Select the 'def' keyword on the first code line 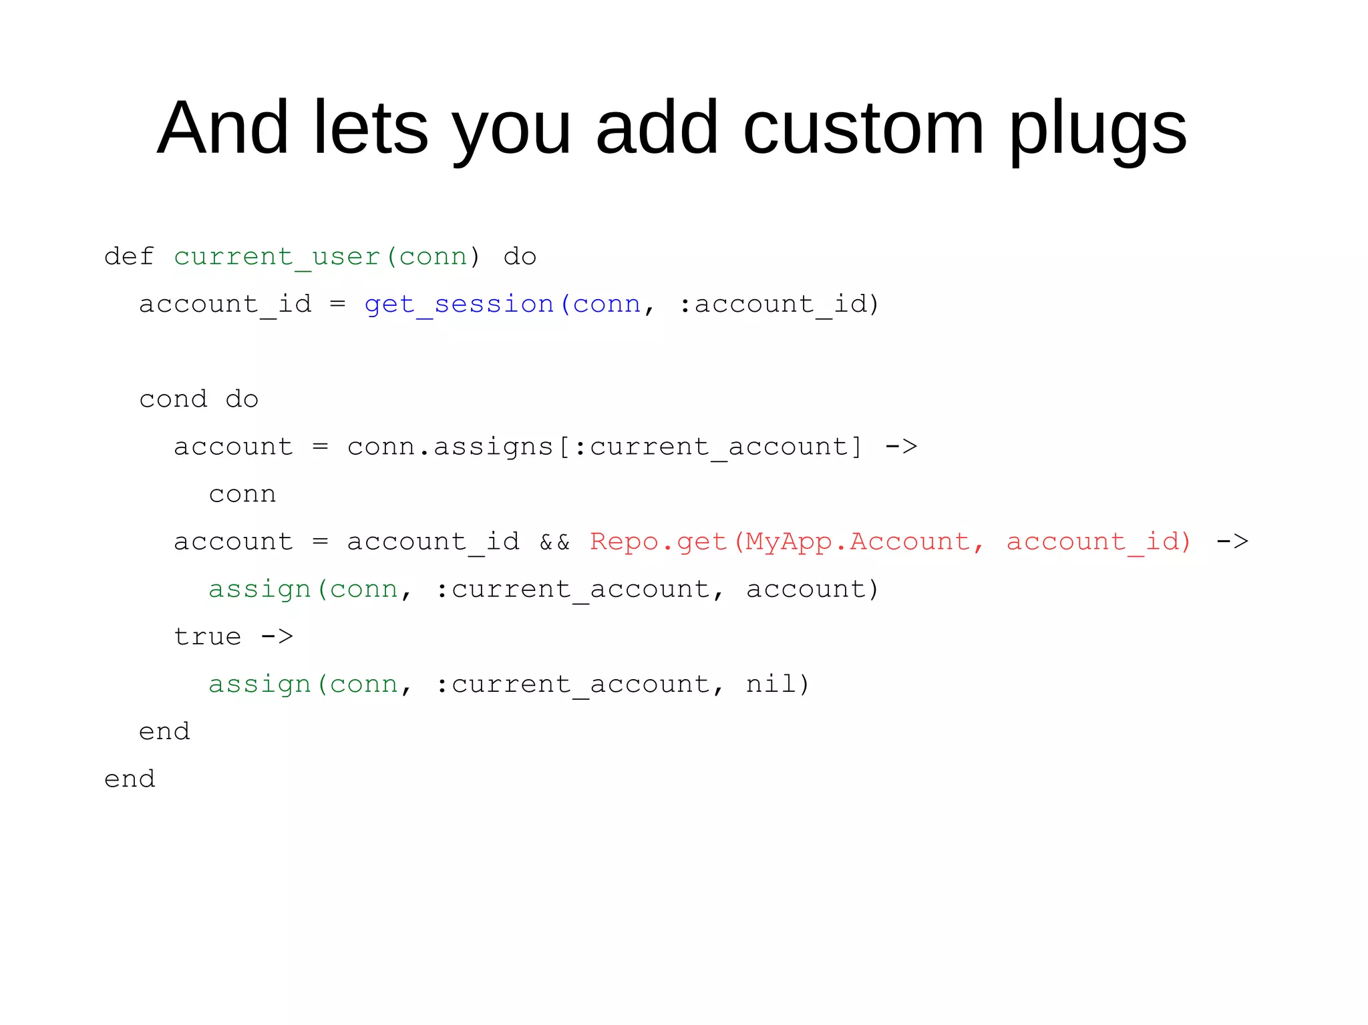[x=129, y=256]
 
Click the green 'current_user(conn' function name [x=320, y=257]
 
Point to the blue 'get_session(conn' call [x=502, y=304]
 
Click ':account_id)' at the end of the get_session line [x=779, y=304]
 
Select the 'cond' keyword [x=173, y=399]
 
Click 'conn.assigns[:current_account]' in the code [x=605, y=447]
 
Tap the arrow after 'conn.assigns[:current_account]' [x=901, y=446]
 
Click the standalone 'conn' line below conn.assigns [x=242, y=494]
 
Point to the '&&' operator [x=554, y=542]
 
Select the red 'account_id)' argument [x=1099, y=542]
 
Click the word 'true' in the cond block [x=207, y=636]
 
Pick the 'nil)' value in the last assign [x=778, y=684]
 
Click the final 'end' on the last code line [x=130, y=779]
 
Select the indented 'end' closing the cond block [x=164, y=732]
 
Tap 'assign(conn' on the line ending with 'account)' [x=303, y=589]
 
